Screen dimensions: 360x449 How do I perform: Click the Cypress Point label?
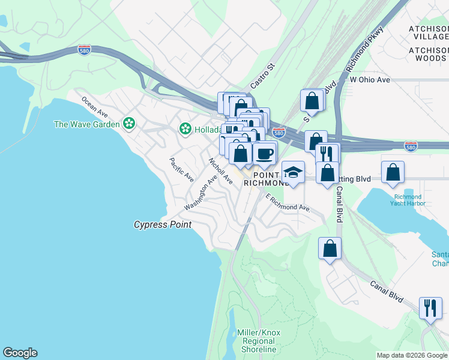(x=162, y=224)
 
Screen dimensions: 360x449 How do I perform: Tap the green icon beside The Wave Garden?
(x=128, y=124)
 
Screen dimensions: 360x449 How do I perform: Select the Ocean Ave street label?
(x=94, y=107)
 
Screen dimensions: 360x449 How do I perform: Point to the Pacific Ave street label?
(x=181, y=170)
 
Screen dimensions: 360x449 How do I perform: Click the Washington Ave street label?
(x=200, y=193)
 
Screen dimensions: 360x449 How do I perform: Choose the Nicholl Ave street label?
(x=220, y=170)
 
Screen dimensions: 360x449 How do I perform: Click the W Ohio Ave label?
(x=370, y=79)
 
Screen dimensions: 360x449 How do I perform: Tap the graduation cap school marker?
(x=293, y=172)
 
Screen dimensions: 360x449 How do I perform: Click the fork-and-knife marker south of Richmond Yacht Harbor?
(x=430, y=308)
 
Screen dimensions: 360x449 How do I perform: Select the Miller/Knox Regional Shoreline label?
(x=259, y=341)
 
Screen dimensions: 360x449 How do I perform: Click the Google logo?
(x=20, y=353)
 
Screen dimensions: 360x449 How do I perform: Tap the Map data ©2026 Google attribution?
(x=412, y=355)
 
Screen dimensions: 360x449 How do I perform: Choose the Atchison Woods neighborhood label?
(x=428, y=54)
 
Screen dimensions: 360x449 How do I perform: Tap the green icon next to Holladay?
(x=185, y=128)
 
